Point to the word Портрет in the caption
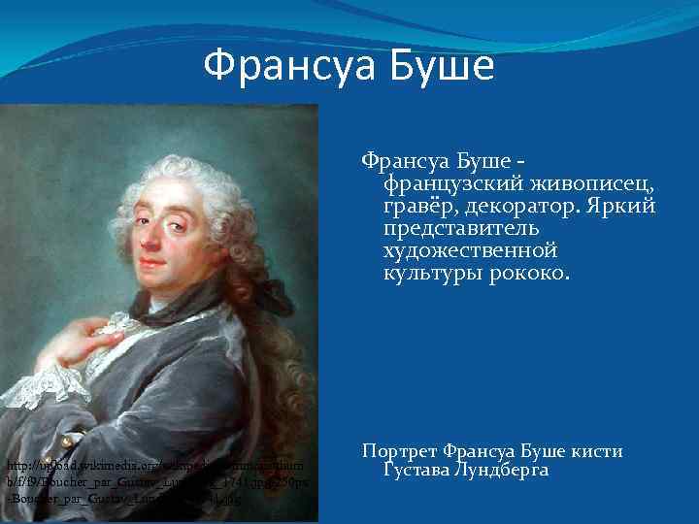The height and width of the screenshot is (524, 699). (x=399, y=451)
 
